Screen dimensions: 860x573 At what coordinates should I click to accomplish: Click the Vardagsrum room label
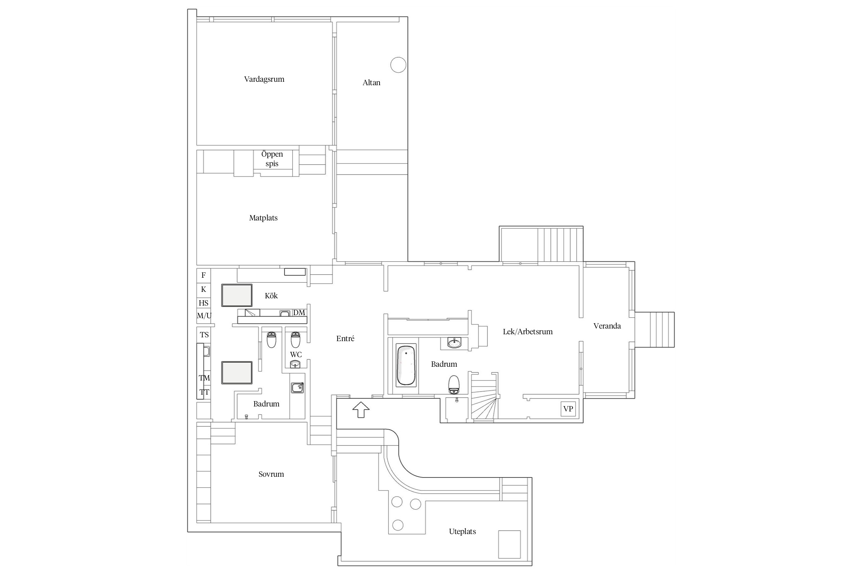(264, 79)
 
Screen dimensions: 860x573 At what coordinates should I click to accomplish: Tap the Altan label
(371, 83)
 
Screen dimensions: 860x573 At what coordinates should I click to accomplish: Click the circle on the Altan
(398, 65)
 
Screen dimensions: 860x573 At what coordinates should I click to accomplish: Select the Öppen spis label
(272, 159)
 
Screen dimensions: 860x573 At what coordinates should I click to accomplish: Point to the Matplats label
(263, 218)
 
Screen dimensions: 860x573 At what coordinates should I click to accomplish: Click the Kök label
(271, 296)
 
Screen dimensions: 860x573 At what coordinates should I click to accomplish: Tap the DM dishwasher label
(299, 313)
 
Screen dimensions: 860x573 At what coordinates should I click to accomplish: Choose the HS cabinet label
(204, 303)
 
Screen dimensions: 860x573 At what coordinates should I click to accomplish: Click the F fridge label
(203, 275)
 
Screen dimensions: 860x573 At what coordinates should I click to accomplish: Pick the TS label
(204, 335)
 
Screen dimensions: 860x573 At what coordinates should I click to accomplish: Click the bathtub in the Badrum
(406, 366)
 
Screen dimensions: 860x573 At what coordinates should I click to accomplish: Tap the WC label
(296, 354)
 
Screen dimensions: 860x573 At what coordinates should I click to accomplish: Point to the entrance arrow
(360, 410)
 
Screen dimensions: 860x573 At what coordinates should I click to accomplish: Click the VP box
(568, 409)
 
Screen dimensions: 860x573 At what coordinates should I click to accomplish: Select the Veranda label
(607, 326)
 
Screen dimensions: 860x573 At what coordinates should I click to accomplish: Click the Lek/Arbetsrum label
(528, 332)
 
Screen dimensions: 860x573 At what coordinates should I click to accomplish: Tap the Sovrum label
(271, 474)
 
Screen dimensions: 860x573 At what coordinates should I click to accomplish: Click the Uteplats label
(462, 531)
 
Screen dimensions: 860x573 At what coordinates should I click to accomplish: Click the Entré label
(345, 338)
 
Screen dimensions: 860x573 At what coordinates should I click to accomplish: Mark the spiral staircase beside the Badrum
(484, 397)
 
